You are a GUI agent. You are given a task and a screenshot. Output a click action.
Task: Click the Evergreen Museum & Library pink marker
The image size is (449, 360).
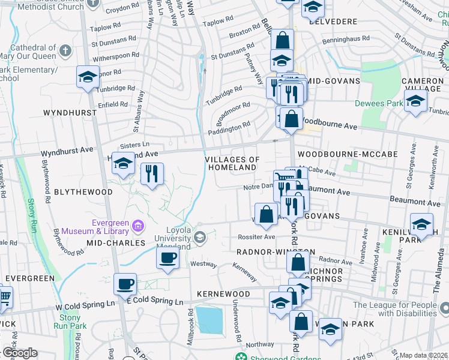pyautogui.click(x=138, y=226)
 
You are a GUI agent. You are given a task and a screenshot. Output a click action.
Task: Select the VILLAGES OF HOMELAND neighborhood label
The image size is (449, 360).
pyautogui.click(x=232, y=163)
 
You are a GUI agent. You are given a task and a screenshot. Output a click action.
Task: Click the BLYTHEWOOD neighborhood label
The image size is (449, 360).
pyautogui.click(x=83, y=192)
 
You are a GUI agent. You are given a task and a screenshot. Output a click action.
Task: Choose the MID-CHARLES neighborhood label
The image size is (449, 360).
pyautogui.click(x=116, y=243)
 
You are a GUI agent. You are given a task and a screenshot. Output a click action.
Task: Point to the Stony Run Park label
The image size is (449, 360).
pyautogui.click(x=70, y=322)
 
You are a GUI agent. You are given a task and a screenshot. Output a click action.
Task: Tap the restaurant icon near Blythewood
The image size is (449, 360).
pyautogui.click(x=152, y=174)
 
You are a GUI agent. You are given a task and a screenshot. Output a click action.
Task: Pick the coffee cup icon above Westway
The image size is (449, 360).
pyautogui.click(x=167, y=258)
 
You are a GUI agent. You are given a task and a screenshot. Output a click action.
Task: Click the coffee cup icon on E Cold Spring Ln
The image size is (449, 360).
pyautogui.click(x=125, y=284)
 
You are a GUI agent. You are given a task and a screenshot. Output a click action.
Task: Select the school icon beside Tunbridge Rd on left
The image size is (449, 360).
pyautogui.click(x=88, y=77)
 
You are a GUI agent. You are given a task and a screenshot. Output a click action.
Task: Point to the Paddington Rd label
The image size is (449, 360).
pyautogui.click(x=229, y=128)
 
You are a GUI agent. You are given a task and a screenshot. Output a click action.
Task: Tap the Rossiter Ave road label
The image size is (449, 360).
pyautogui.click(x=256, y=236)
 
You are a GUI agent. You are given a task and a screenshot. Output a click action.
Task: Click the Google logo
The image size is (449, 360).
pyautogui.click(x=19, y=353)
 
